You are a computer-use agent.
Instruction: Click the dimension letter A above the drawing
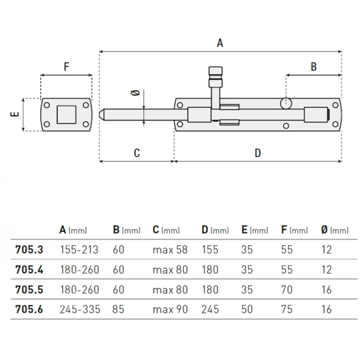(220, 43)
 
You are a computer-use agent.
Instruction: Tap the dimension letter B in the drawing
(313, 67)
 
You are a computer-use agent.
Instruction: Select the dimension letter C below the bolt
(137, 153)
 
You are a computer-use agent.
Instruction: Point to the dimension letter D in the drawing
(258, 153)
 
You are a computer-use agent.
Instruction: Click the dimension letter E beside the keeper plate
(15, 114)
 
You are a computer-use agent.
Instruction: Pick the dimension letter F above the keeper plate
(66, 67)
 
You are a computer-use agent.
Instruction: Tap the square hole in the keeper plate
(66, 114)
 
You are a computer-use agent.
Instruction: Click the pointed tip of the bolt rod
(102, 115)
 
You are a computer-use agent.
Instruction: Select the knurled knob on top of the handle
(216, 74)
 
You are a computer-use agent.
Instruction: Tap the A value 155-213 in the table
(79, 250)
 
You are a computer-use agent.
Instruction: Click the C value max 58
(170, 250)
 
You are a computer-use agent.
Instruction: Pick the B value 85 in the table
(119, 309)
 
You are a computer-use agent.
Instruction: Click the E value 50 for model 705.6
(247, 309)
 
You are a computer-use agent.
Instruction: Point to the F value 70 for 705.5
(287, 289)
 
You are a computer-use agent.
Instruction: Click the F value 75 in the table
(287, 309)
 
